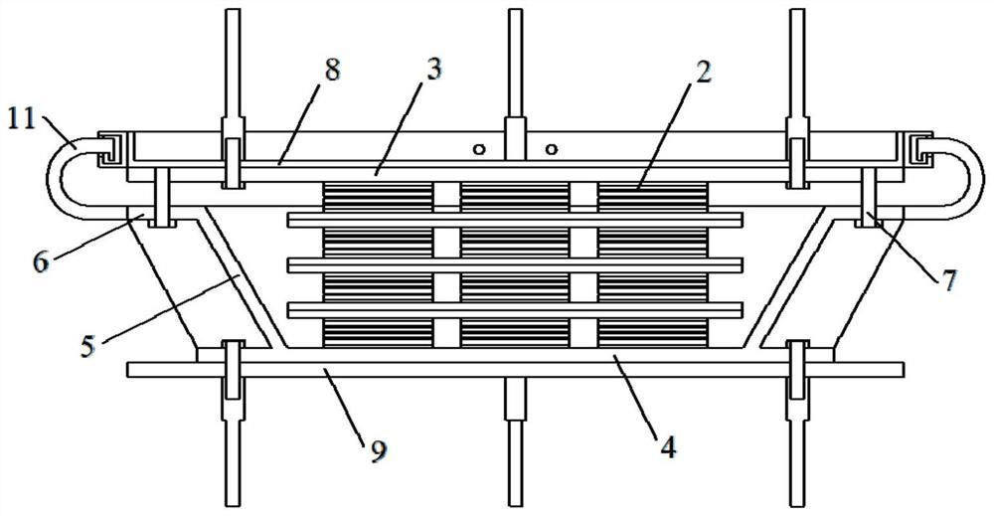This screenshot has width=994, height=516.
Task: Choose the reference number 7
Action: click(x=948, y=280)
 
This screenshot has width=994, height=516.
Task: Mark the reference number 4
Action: click(x=667, y=447)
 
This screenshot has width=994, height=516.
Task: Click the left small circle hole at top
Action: click(x=479, y=150)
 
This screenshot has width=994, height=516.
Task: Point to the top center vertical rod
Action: click(x=515, y=70)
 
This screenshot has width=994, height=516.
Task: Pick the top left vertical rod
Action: click(x=232, y=70)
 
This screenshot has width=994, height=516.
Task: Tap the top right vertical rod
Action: click(x=798, y=70)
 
